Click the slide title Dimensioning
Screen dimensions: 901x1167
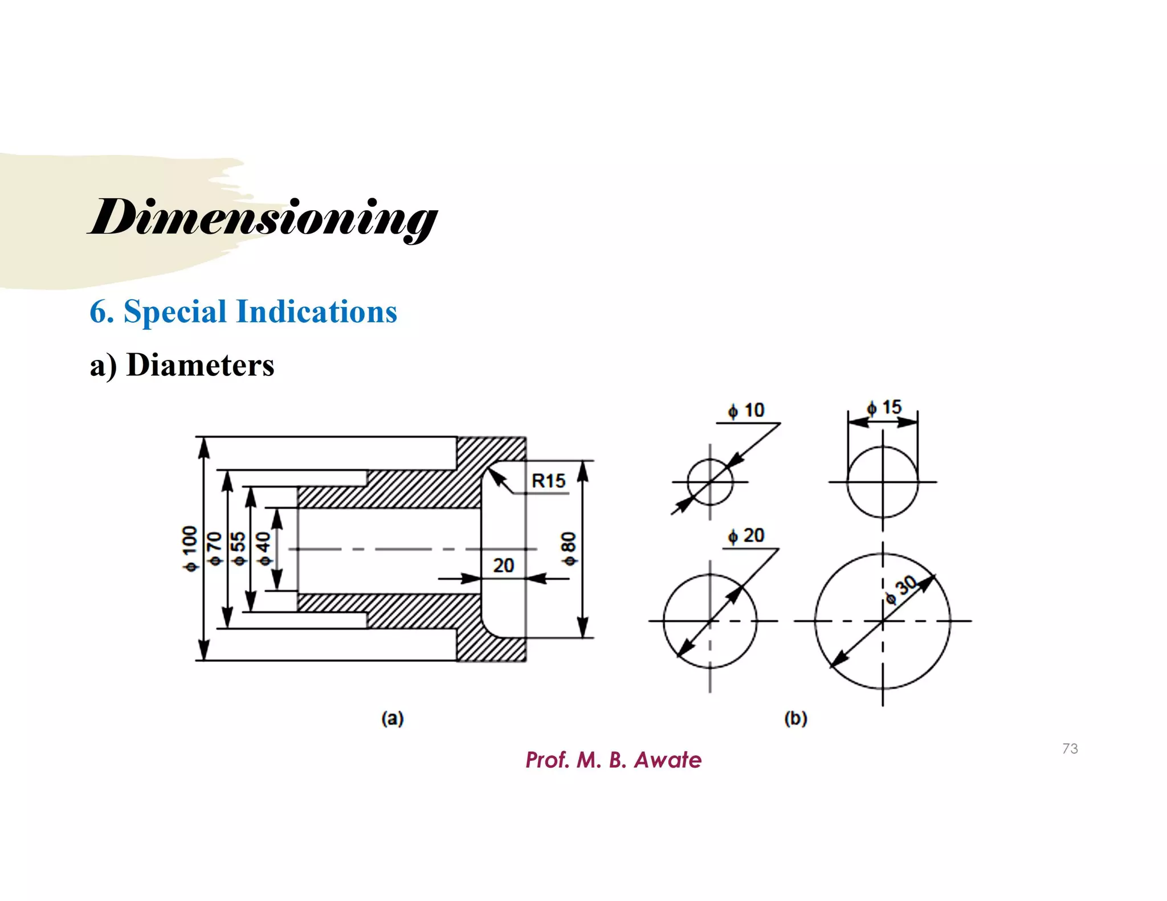click(263, 218)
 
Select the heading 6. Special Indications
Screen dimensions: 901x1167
click(243, 312)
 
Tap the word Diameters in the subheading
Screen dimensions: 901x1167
click(200, 365)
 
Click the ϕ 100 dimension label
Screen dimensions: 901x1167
click(190, 548)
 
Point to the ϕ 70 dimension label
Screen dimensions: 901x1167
click(214, 548)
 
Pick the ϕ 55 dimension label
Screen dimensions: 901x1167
click(239, 548)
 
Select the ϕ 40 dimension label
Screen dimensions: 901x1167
click(263, 549)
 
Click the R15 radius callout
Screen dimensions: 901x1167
click(548, 481)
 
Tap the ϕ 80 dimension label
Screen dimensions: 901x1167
click(569, 549)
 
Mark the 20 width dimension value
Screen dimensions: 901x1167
click(503, 566)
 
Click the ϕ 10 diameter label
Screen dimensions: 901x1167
click(746, 411)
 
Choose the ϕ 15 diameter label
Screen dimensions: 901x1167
click(884, 408)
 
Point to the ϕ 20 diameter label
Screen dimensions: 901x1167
click(746, 536)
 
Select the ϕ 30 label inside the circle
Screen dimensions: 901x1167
click(900, 590)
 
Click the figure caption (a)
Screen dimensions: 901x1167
click(393, 718)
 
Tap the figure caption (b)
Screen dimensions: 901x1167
click(795, 718)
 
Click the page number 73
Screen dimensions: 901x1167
click(1070, 748)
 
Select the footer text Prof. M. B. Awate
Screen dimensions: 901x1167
click(613, 760)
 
